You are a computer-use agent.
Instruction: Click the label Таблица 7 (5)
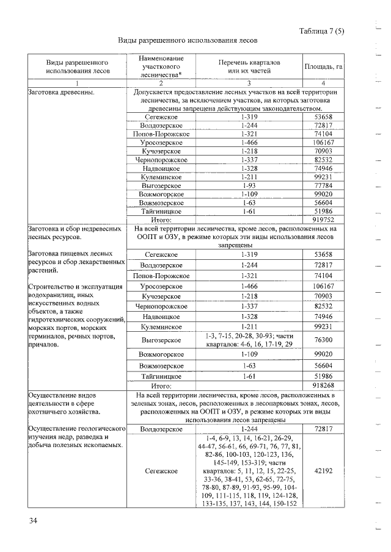click(x=322, y=32)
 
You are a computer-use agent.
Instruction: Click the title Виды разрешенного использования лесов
click(x=188, y=40)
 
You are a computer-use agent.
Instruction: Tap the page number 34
click(x=32, y=520)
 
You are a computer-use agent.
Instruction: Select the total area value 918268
click(x=323, y=385)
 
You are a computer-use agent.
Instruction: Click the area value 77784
click(x=323, y=185)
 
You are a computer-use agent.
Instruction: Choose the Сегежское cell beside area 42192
click(x=161, y=471)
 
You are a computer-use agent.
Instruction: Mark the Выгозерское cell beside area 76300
click(x=161, y=340)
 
